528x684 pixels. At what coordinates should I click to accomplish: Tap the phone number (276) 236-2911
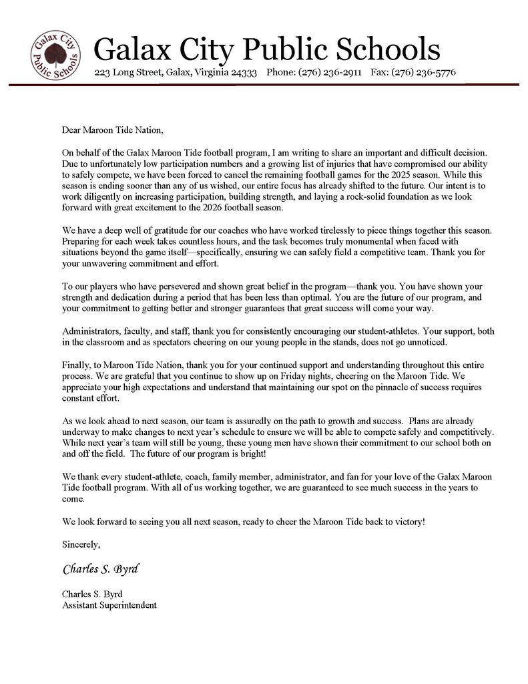point(330,72)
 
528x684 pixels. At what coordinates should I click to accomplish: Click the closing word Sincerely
point(81,544)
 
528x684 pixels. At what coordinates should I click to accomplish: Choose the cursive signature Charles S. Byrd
point(101,570)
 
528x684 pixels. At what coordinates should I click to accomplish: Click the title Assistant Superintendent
point(109,605)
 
